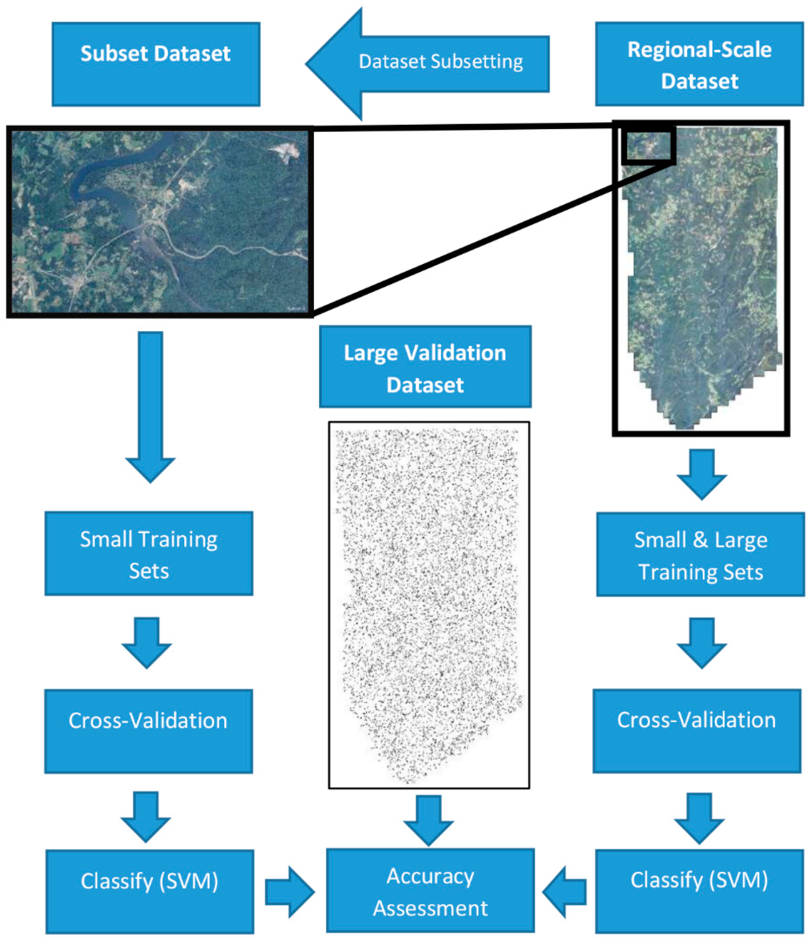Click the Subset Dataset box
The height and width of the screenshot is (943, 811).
click(156, 64)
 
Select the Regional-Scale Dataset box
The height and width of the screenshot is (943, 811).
click(699, 64)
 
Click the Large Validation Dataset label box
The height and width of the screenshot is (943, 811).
click(425, 366)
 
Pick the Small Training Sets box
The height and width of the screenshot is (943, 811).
click(149, 553)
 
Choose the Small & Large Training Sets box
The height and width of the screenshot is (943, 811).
click(700, 554)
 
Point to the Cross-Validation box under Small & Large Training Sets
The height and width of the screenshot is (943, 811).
click(696, 731)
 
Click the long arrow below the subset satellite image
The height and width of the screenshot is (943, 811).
click(150, 405)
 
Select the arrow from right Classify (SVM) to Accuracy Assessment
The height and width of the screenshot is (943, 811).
click(564, 892)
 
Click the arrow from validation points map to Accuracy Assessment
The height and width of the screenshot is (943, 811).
click(428, 819)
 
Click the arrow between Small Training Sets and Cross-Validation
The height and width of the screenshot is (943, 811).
click(147, 642)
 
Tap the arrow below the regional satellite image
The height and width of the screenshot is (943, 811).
click(702, 473)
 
